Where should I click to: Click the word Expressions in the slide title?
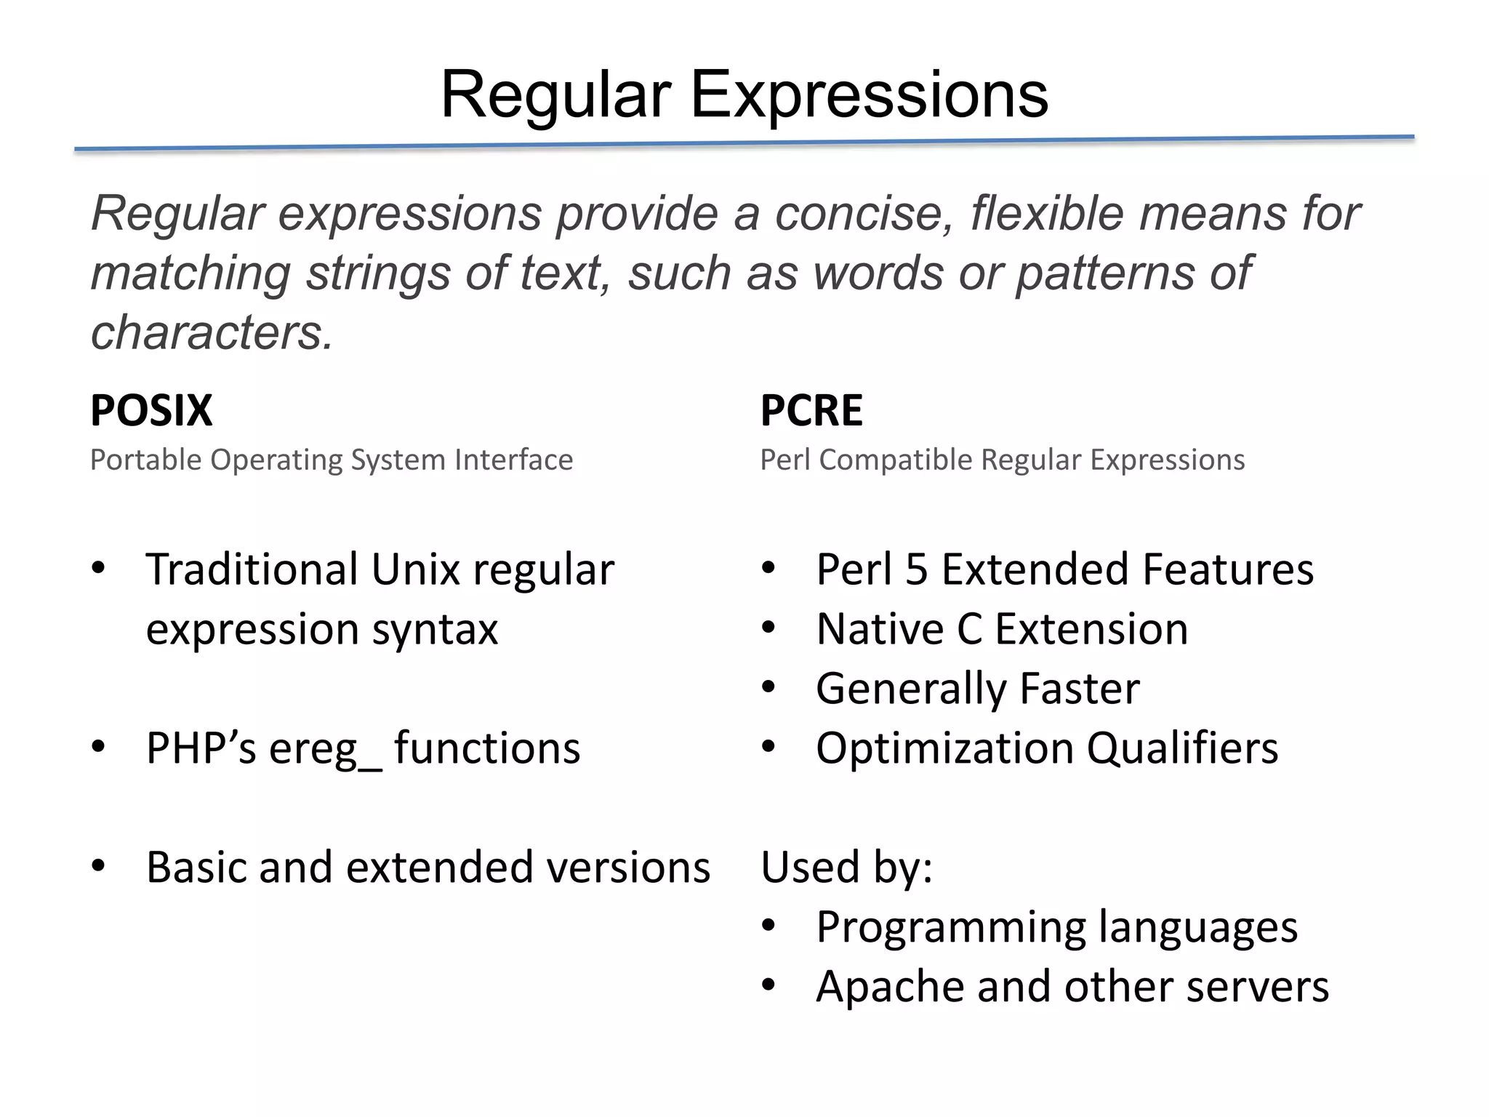(x=869, y=95)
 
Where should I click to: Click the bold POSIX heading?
(x=151, y=410)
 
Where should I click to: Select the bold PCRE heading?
(x=811, y=410)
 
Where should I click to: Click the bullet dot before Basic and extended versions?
(x=99, y=866)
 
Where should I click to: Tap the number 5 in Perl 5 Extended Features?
(x=916, y=569)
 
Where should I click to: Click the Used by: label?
(x=846, y=868)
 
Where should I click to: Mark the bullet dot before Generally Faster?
(x=769, y=687)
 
